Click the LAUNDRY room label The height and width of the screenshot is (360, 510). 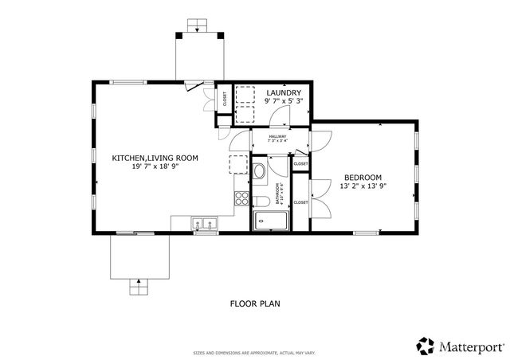coord(283,93)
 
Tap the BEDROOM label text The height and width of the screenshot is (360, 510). coord(363,177)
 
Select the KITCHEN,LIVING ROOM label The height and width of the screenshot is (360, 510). coord(155,158)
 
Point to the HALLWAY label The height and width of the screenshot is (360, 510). coord(277,136)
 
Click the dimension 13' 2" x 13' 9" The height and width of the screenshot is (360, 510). coord(363,186)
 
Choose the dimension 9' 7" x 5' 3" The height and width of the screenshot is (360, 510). coord(283,102)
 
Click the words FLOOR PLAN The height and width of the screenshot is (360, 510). coord(255,303)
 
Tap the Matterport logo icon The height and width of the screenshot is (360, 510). coord(426,345)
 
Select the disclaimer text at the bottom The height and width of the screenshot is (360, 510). coord(254,353)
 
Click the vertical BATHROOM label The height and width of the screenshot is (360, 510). coord(279,193)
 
